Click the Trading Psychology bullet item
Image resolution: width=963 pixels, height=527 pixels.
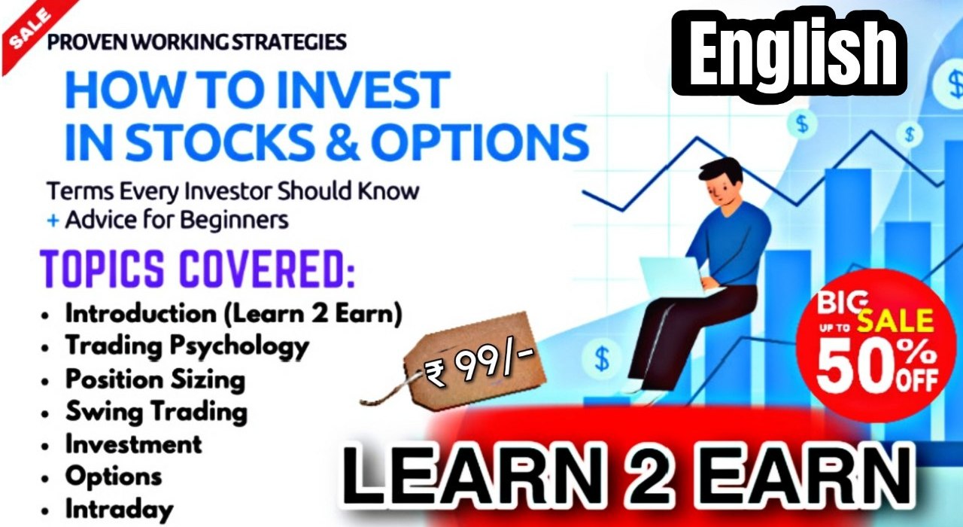coord(187,346)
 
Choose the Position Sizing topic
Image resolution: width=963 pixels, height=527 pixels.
coord(155,379)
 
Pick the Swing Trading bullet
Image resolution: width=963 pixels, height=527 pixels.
coord(156,412)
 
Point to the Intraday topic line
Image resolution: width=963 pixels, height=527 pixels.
coord(119,508)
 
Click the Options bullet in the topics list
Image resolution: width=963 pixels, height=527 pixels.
coord(113,476)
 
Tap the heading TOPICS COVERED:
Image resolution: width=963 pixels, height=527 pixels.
coord(197,269)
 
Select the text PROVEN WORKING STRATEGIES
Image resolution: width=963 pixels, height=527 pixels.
coord(196,41)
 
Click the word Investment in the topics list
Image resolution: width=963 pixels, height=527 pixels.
coord(133,444)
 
